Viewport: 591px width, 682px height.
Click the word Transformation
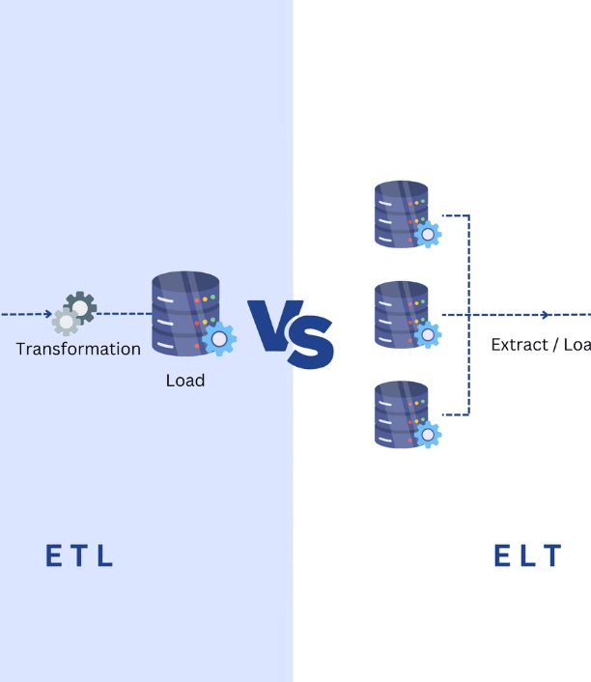(78, 349)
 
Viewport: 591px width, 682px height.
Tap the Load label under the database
(184, 381)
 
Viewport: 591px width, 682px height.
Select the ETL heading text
(80, 556)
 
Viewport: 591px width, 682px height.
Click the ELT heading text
(527, 556)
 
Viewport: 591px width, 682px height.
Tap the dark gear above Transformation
(81, 307)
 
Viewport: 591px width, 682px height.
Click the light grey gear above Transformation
(66, 321)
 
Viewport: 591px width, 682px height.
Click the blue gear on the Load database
(220, 339)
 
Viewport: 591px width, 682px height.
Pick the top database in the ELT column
(400, 213)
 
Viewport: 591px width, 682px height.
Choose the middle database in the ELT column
(400, 313)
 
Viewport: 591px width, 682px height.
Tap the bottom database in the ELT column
(400, 413)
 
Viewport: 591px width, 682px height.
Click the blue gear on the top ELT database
(427, 234)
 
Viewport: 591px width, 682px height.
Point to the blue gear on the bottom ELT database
(427, 434)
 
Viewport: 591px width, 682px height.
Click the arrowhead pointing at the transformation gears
(47, 314)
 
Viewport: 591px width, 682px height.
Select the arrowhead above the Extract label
(546, 315)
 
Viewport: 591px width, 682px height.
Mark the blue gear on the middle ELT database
(427, 334)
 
